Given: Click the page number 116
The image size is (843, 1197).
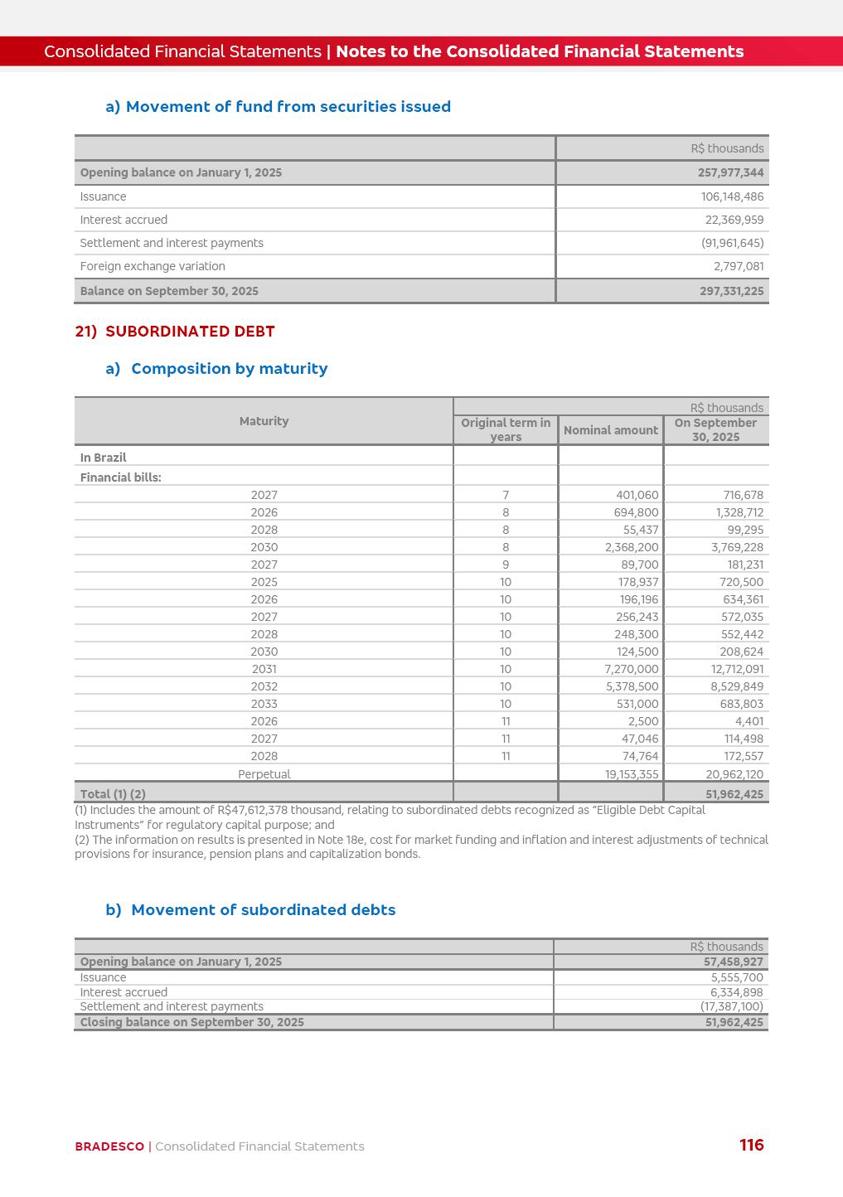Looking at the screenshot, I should click(x=751, y=1145).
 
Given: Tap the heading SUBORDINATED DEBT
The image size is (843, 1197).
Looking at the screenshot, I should click(x=190, y=332).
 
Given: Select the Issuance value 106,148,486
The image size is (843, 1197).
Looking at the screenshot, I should click(x=732, y=196).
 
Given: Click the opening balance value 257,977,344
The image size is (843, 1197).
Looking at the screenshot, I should click(x=730, y=172).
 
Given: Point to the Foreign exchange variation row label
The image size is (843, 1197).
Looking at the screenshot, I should click(x=153, y=266).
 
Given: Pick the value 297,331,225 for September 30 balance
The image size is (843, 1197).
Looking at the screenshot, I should click(x=731, y=291).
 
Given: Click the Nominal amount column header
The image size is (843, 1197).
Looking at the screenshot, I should click(x=610, y=430).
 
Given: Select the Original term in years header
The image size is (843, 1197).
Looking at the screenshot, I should click(x=506, y=429).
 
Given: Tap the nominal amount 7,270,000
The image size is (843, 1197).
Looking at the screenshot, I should click(x=632, y=669).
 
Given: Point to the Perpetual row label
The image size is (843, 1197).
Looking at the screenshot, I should click(x=264, y=774).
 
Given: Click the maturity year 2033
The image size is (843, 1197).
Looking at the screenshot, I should click(x=264, y=704).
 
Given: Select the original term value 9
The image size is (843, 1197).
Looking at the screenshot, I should click(x=506, y=565).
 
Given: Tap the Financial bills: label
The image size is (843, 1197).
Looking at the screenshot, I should click(x=121, y=477).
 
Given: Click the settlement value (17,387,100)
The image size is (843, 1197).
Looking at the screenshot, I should click(x=731, y=1006).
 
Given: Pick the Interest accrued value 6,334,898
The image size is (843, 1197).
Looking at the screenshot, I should click(x=736, y=992).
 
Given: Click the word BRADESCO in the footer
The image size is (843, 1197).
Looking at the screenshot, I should click(x=109, y=1146).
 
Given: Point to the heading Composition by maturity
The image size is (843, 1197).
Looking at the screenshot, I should click(x=229, y=369).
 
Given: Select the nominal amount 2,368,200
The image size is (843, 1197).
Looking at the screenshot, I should click(x=632, y=547).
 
